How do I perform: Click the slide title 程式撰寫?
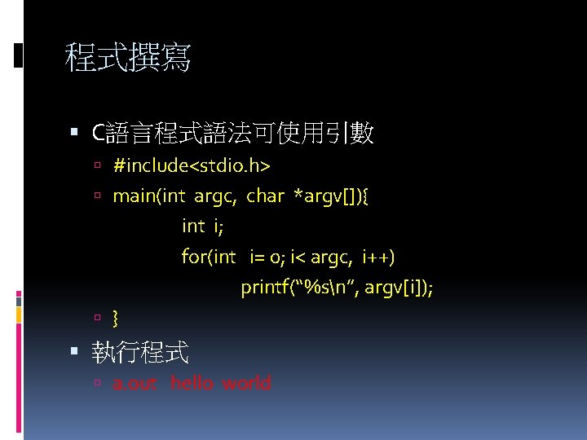(x=128, y=58)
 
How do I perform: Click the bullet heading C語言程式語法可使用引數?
(x=233, y=133)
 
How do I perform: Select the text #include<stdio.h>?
(x=192, y=166)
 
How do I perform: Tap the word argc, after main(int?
(x=217, y=196)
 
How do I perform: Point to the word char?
(x=265, y=196)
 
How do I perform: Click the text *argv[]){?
(x=331, y=196)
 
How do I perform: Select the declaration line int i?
(x=202, y=226)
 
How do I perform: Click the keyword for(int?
(x=209, y=257)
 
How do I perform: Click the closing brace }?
(x=116, y=317)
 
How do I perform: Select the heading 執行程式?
(x=140, y=352)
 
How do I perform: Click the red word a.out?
(x=135, y=383)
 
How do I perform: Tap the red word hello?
(x=192, y=383)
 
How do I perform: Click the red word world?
(x=247, y=383)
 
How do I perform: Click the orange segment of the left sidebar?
(x=18, y=315)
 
